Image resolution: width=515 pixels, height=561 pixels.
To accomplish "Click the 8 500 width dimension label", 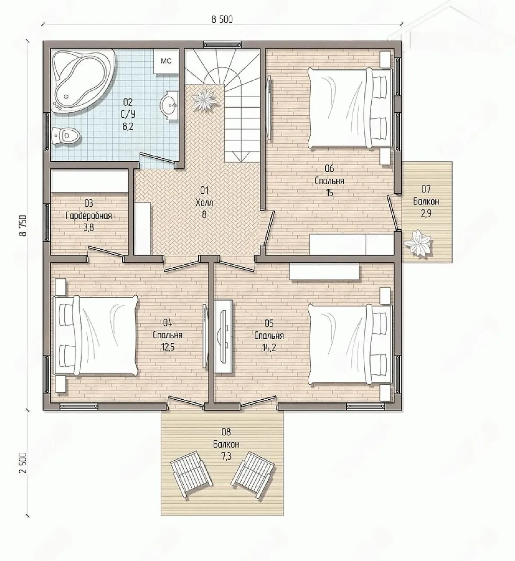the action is coord(222,20).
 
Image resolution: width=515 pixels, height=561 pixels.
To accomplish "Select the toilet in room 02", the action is coord(66,136).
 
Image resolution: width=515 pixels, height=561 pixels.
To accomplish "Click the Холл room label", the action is coord(204,202).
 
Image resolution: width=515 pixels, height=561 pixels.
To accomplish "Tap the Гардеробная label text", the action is coord(89,216).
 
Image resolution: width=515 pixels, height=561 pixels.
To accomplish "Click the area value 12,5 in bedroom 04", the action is coord(168,347).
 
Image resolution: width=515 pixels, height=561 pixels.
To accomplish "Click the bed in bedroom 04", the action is coord(95,336).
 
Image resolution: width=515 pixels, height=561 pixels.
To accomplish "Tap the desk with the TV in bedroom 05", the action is coord(224,336).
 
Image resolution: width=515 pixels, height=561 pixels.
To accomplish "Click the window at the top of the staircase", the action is coord(222,45).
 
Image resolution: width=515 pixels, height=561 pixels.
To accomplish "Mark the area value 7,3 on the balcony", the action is coord(226,456).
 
